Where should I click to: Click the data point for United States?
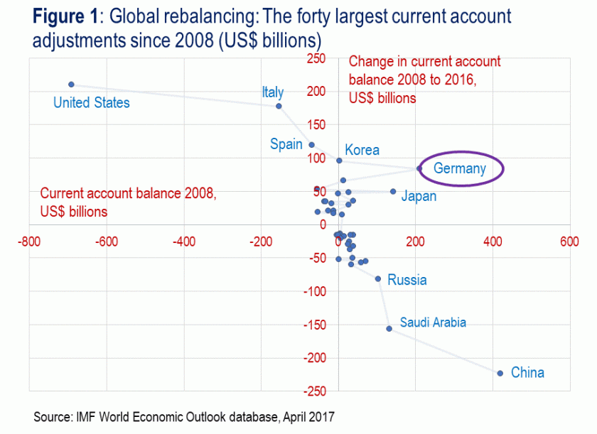71,85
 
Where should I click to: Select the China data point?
500,373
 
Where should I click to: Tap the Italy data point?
279,106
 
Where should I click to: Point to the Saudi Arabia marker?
389,328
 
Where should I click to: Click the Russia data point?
378,279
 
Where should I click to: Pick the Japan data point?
393,191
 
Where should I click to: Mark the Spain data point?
311,144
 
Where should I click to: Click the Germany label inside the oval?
460,168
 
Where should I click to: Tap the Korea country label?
362,150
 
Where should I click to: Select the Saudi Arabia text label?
433,322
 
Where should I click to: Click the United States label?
92,103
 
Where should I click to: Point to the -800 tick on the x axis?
29,242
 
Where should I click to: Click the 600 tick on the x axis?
569,242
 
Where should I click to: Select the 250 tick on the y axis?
316,58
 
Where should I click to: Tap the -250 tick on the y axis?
315,391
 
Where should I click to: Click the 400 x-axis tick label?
492,242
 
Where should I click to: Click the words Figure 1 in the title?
68,16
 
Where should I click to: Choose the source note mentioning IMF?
183,417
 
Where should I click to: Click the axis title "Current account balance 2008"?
128,193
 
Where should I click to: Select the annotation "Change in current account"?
424,62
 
